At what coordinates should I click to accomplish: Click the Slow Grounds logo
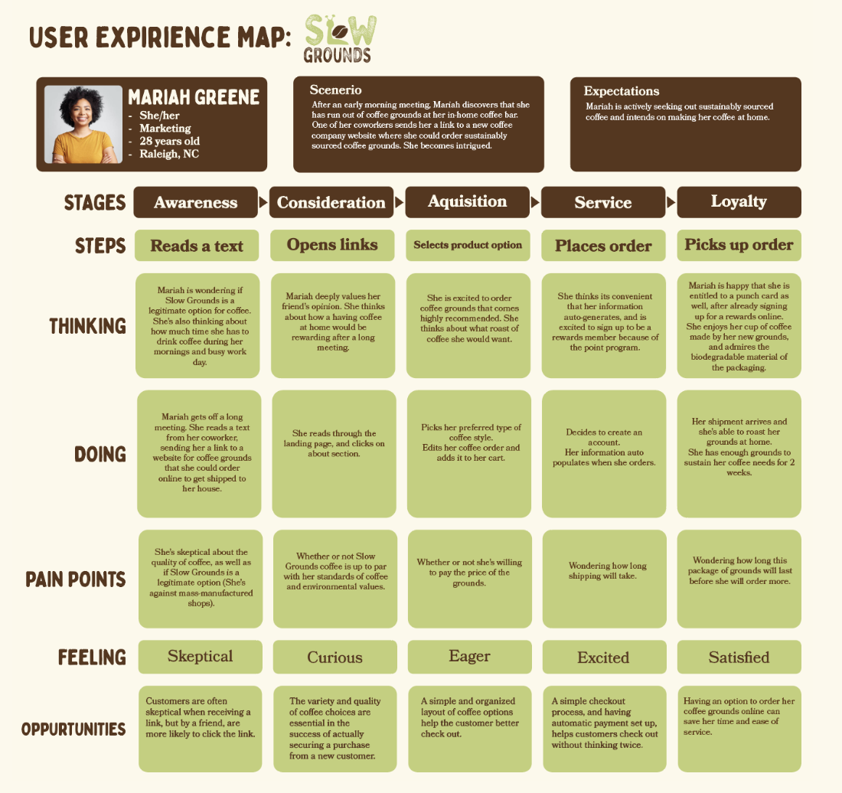340,38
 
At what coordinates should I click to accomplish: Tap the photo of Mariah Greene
83,124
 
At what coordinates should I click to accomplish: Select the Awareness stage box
196,202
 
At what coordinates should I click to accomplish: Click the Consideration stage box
331,202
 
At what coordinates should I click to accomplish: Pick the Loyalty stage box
739,201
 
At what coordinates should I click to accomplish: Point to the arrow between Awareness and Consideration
264,203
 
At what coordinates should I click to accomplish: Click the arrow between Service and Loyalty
671,203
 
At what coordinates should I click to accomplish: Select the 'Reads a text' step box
197,246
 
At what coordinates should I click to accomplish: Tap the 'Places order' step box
603,246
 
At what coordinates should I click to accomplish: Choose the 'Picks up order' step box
739,245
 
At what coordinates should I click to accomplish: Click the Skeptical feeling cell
200,657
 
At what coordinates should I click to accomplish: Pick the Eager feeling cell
469,657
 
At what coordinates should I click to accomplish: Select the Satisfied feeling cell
739,657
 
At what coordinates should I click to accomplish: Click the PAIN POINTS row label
76,579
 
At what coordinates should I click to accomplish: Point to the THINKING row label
88,326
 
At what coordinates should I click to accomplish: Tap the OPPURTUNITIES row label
73,729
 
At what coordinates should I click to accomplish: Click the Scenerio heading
335,90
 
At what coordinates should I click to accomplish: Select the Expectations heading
621,91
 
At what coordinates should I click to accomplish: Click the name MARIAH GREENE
194,98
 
